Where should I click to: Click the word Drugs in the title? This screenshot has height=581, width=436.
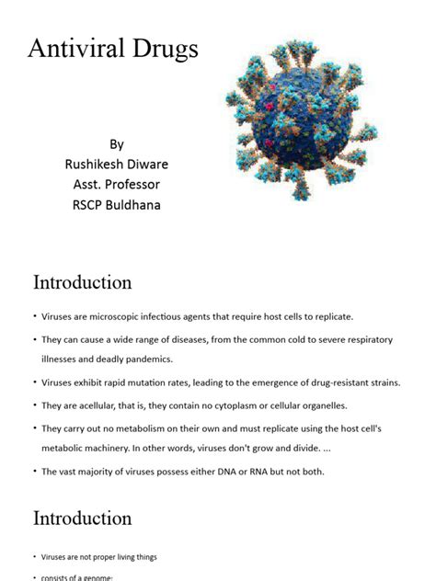coord(162,50)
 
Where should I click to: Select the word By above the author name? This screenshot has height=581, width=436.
coord(116,144)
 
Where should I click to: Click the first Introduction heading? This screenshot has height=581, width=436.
coord(83,282)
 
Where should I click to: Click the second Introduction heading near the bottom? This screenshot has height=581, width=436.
coord(83,518)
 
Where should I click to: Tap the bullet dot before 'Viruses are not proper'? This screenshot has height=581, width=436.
coord(33,557)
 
